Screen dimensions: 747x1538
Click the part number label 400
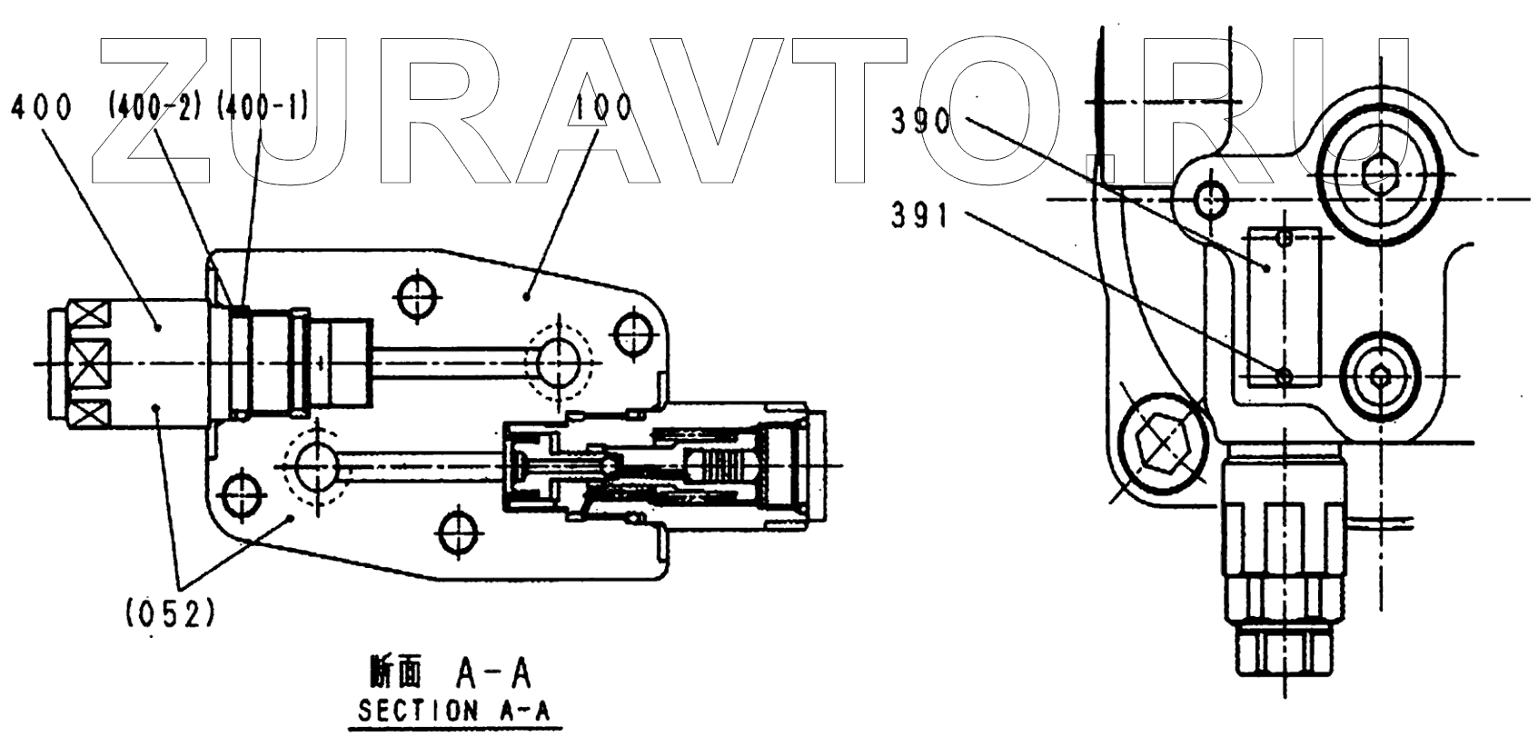[40, 108]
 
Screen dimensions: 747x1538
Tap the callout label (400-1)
[263, 108]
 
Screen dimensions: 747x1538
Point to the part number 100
[603, 108]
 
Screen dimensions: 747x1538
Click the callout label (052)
[170, 615]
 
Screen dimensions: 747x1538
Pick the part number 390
[919, 121]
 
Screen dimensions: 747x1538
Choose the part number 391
[918, 217]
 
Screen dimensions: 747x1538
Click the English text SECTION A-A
[454, 711]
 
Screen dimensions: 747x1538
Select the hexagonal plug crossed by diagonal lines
[1162, 443]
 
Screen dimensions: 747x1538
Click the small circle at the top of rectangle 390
[1283, 238]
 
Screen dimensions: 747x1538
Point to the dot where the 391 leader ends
[1283, 374]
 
